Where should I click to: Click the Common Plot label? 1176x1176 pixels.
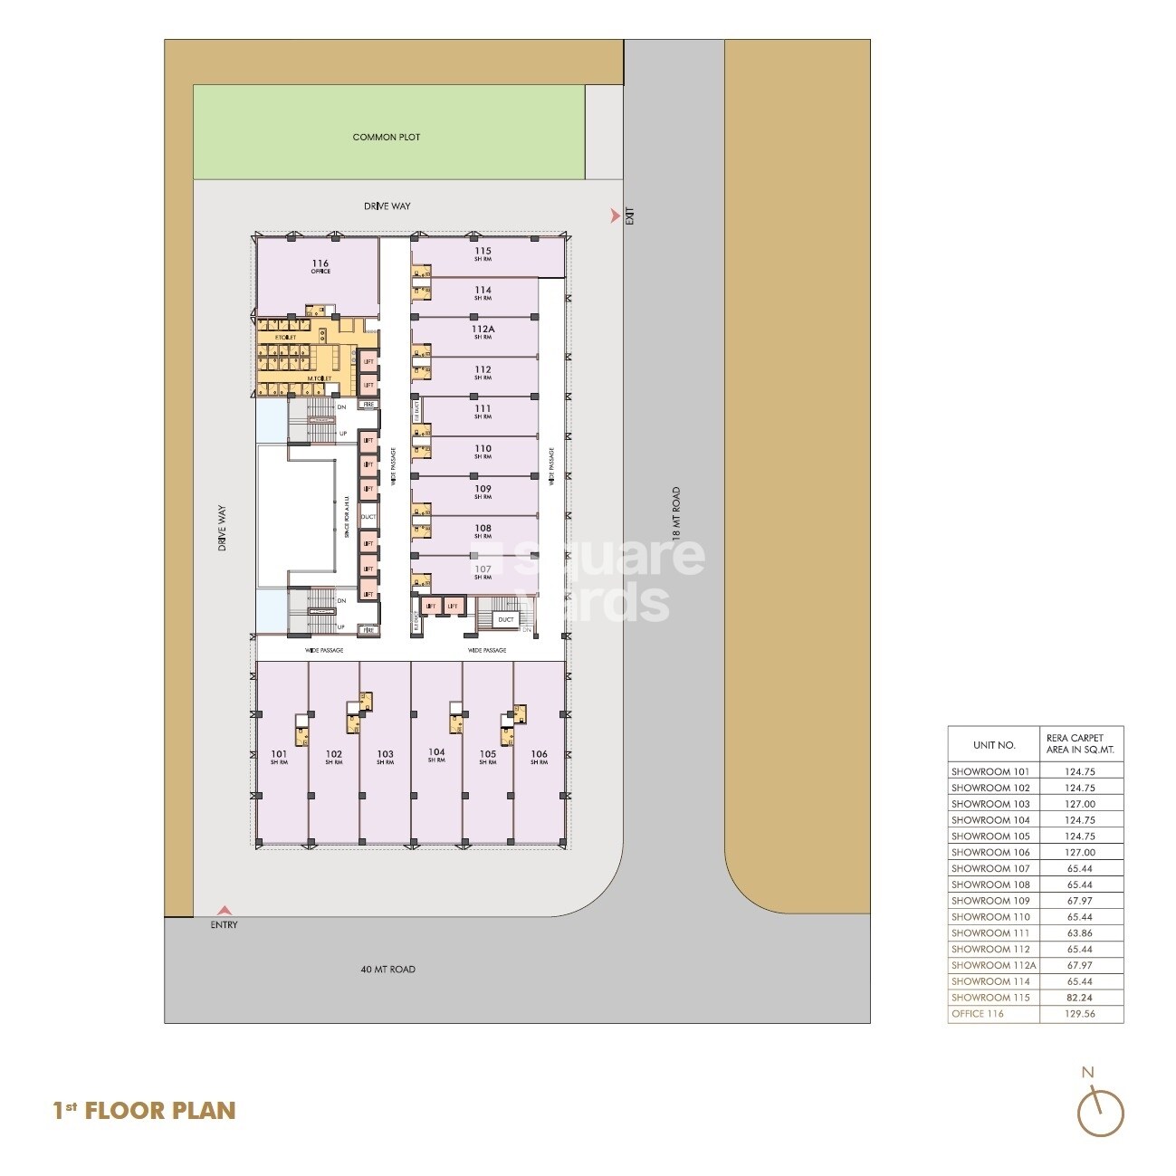click(387, 138)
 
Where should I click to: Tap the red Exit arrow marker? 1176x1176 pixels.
click(616, 215)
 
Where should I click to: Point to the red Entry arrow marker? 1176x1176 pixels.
click(224, 911)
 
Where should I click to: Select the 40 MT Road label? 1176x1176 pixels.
click(387, 970)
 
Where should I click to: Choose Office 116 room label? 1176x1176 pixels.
click(320, 266)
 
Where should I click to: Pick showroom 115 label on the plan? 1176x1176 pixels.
click(483, 253)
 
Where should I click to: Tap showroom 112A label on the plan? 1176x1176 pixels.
click(483, 332)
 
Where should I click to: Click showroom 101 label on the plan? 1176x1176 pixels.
click(279, 757)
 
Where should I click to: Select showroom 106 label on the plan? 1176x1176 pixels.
click(539, 757)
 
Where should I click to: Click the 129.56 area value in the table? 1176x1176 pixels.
click(1080, 1014)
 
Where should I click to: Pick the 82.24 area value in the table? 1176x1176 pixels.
click(1080, 998)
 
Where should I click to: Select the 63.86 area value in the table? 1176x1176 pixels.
click(1080, 933)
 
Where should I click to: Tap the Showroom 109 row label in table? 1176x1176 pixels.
click(990, 901)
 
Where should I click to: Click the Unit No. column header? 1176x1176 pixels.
click(993, 746)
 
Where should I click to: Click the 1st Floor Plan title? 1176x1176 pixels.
click(145, 1111)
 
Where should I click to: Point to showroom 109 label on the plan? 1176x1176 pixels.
click(483, 492)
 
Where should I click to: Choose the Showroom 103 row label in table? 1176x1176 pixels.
click(990, 804)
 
